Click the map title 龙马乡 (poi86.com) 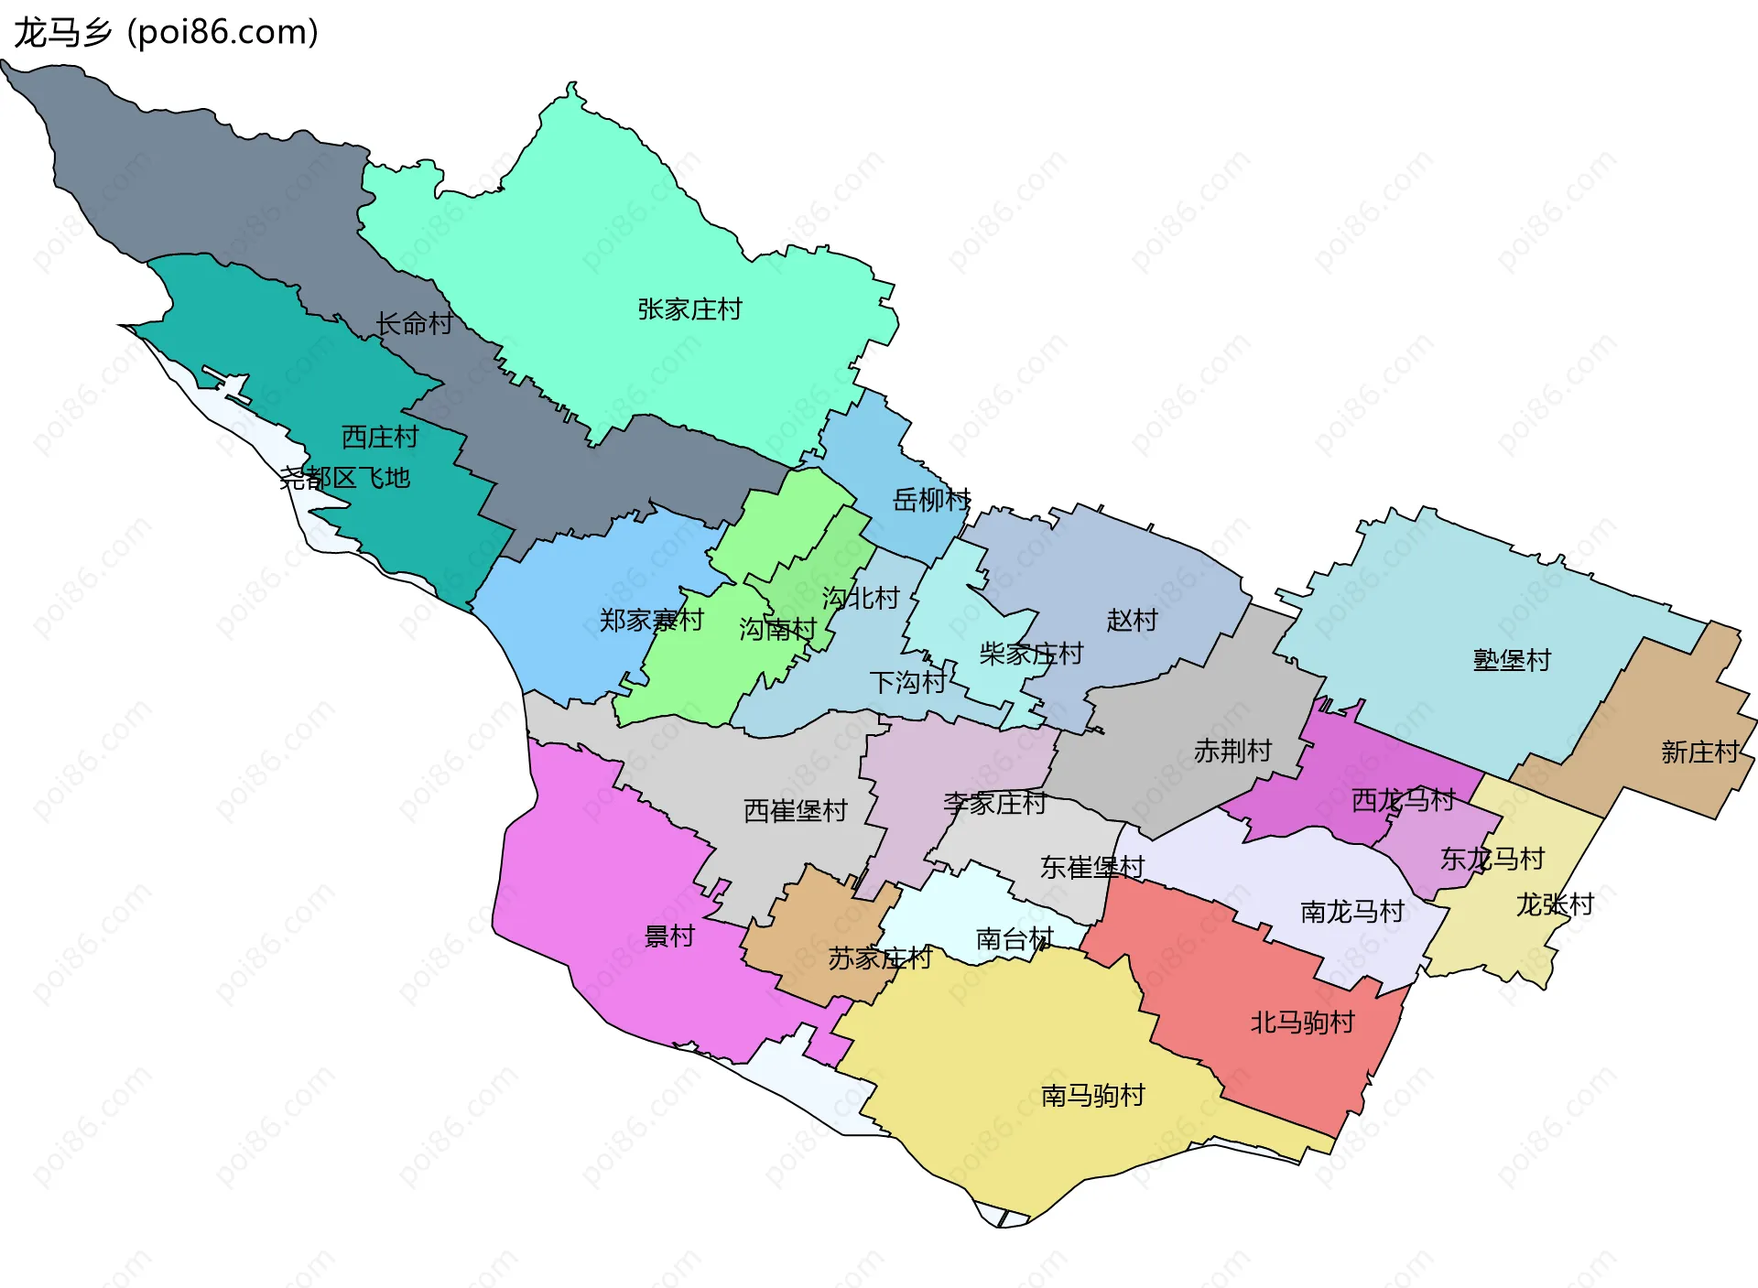165,32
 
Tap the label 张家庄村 689,309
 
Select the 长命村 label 414,324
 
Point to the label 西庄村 379,438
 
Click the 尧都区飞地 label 344,478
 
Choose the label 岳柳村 931,500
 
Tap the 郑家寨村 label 651,621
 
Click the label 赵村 1132,621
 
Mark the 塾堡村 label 1512,660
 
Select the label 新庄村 1700,752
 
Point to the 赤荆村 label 1232,752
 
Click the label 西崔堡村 795,811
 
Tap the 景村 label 669,936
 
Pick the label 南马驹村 1092,1096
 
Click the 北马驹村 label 1302,1023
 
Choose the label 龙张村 1555,905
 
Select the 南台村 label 1015,939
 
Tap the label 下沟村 907,683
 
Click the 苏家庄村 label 880,958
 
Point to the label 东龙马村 1492,859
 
